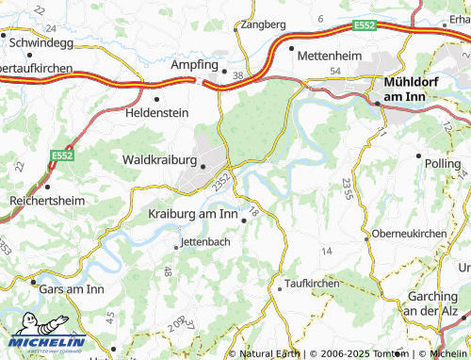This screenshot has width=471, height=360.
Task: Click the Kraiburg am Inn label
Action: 193,214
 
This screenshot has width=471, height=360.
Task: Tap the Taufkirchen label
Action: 312,283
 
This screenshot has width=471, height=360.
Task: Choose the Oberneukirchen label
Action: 407,233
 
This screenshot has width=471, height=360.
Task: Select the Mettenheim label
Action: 329,56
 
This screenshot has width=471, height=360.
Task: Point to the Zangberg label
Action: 264,25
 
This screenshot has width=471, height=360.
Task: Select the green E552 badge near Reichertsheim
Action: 63,155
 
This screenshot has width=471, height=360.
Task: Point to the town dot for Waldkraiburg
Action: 203,167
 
